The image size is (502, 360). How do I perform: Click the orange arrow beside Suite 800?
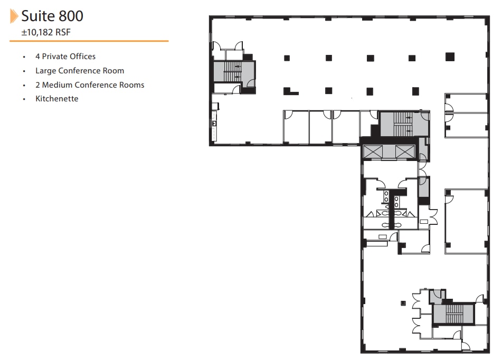pos(14,16)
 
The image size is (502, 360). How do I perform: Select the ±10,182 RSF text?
pos(46,32)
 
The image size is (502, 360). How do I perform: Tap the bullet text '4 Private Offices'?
pos(65,56)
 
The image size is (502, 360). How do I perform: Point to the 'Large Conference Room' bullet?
pos(79,71)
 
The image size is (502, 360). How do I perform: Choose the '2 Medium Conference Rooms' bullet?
pos(89,85)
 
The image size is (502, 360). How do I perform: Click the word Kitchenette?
pos(56,99)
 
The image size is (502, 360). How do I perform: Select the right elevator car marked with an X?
pos(405,152)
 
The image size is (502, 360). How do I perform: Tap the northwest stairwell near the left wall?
pos(232,72)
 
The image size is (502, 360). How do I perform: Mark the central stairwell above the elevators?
pos(403,124)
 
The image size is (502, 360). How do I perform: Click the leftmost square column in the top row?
pos(287,58)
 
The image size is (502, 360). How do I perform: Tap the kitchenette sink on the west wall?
pos(214,124)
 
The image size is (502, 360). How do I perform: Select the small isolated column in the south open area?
pos(403,303)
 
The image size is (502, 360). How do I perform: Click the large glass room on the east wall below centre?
pos(466,221)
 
